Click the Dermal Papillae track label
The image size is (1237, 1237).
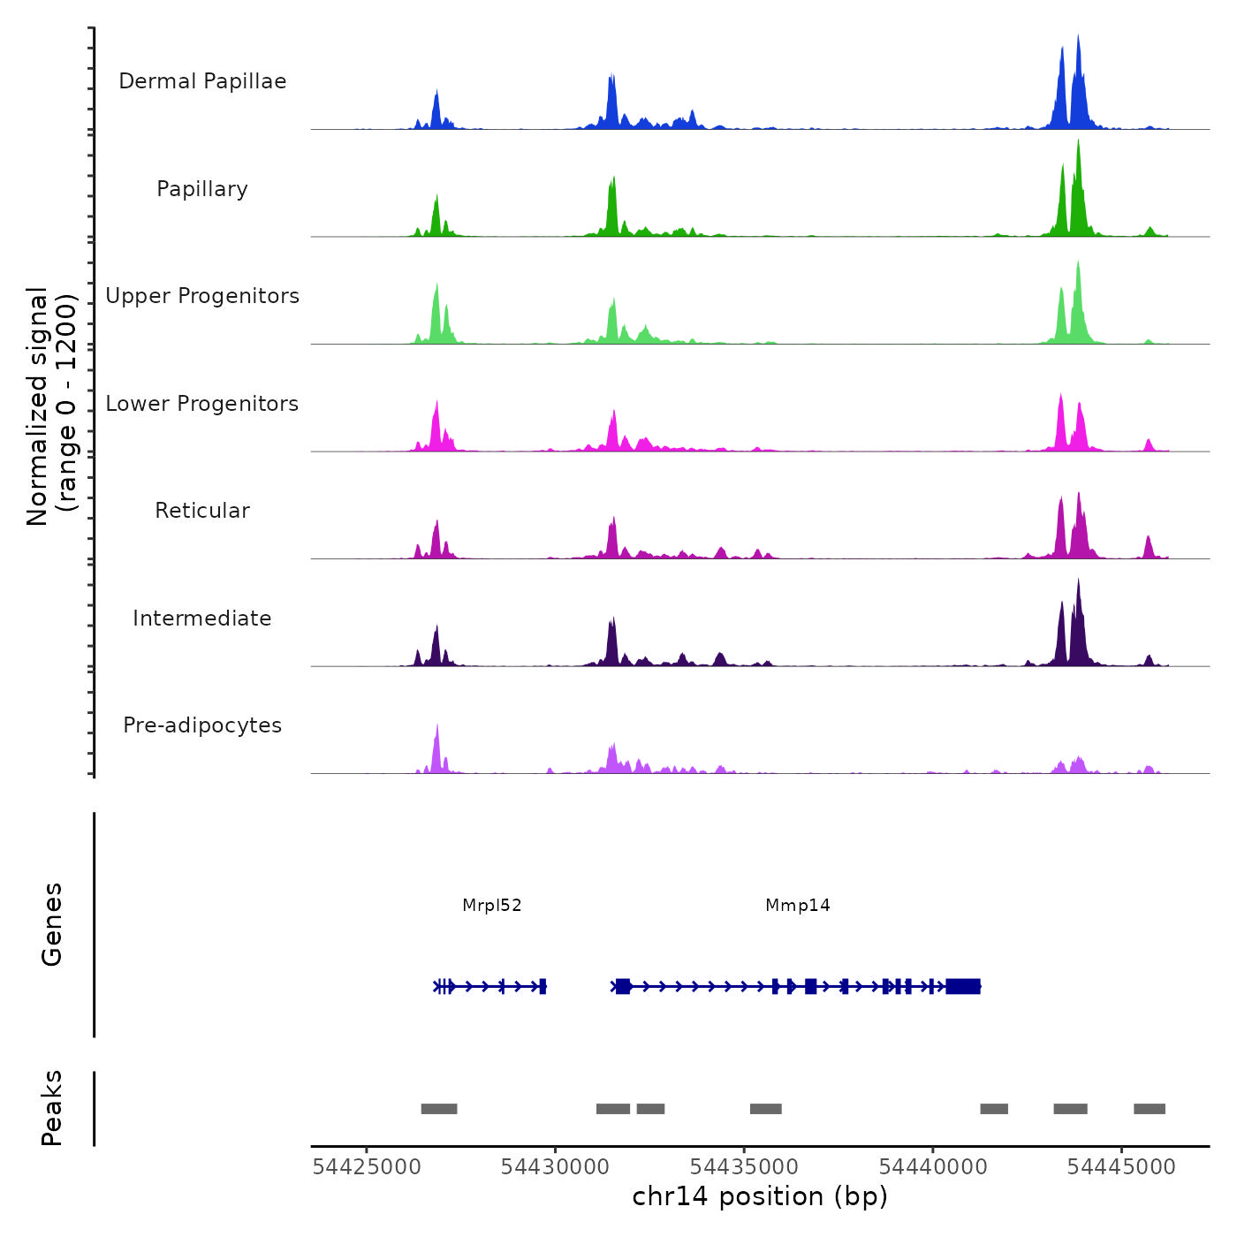tap(202, 81)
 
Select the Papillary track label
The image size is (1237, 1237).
tap(202, 189)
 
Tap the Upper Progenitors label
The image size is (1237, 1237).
tap(202, 296)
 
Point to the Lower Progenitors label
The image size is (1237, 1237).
tap(202, 404)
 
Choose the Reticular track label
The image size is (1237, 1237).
tap(202, 511)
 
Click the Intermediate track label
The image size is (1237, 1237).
tap(202, 618)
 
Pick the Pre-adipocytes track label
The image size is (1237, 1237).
tap(202, 725)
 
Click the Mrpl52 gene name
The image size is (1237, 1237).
tap(492, 906)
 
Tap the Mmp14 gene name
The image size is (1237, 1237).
tap(798, 906)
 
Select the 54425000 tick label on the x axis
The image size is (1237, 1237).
tap(367, 1167)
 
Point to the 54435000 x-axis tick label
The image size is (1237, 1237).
tap(744, 1167)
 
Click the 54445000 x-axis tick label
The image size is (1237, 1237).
tap(1121, 1167)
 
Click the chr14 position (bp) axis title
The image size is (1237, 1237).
tap(760, 1197)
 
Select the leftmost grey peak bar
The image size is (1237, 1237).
tap(439, 1109)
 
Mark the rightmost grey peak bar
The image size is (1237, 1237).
tap(1150, 1109)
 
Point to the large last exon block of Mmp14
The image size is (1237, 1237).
tap(963, 986)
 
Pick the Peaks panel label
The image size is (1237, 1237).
tap(52, 1108)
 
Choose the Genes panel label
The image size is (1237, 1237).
tap(52, 924)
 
